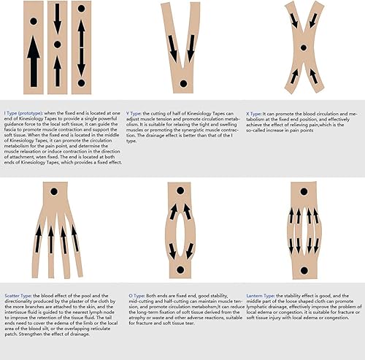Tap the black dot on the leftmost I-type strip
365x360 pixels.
pos(34,20)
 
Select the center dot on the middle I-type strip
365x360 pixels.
pos(58,45)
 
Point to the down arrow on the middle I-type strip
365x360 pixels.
pos(58,20)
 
